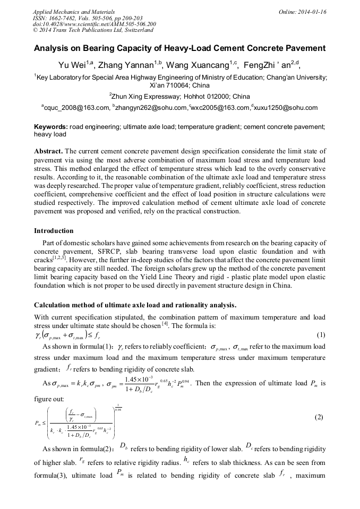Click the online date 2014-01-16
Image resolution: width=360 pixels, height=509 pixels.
pos(313,11)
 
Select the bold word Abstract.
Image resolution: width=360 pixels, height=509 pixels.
pos(48,151)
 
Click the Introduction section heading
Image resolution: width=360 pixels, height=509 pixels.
pos(54,231)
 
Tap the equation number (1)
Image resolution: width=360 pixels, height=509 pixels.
pos(320,335)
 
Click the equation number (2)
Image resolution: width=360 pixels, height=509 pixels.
pos(319,417)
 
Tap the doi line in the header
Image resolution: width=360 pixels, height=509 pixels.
pos(94,24)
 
